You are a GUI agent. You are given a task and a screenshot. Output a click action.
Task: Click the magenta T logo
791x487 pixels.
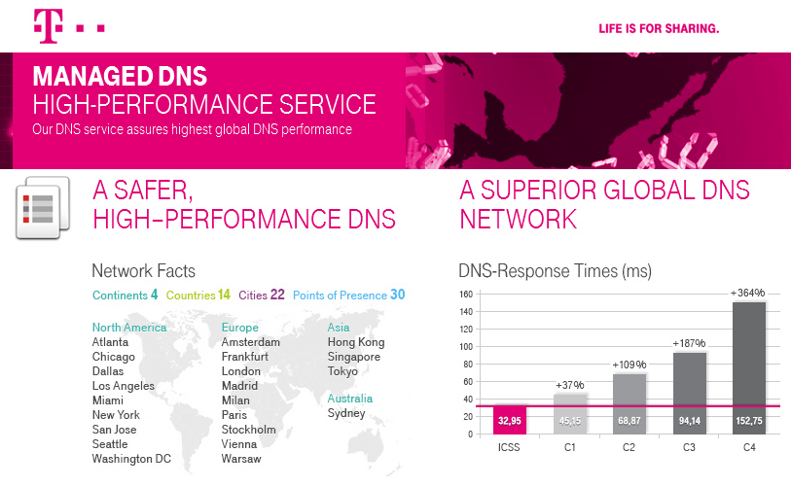45,26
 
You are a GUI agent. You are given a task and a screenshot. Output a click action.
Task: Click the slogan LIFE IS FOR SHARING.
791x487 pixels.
658,29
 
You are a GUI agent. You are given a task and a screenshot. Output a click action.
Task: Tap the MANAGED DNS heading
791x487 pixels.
120,77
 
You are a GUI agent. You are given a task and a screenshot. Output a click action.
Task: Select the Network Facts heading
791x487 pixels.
143,271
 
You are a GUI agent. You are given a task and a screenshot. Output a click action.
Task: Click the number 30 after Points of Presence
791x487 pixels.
397,295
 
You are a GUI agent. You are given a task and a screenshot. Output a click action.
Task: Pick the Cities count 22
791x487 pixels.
277,295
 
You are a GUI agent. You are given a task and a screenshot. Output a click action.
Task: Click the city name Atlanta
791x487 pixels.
110,342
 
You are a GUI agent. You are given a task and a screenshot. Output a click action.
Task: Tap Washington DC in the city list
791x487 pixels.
131,459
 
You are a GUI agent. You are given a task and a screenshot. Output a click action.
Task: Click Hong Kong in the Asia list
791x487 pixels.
356,342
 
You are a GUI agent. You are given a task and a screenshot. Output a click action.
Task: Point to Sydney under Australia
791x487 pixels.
346,413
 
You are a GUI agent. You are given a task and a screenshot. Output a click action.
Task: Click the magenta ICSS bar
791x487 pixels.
511,420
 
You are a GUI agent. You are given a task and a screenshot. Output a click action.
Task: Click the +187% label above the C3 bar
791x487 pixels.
689,343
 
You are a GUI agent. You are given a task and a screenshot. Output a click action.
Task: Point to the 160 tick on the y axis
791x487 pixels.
465,295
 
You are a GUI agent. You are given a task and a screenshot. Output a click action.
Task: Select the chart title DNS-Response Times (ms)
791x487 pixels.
555,271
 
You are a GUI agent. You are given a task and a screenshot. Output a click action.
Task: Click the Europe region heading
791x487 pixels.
240,328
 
